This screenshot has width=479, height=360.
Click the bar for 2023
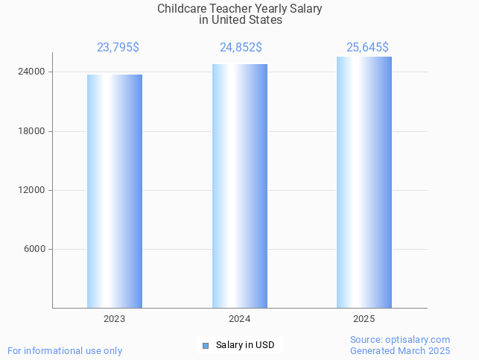click(x=114, y=191)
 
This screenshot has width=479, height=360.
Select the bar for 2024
click(x=239, y=186)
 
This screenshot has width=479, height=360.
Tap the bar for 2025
click(x=364, y=182)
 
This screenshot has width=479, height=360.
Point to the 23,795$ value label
click(x=118, y=48)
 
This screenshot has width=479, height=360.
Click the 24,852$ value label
click(x=241, y=48)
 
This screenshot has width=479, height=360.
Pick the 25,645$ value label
click(x=367, y=48)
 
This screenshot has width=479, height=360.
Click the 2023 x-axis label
click(x=114, y=318)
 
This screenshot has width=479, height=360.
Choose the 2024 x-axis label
click(x=239, y=318)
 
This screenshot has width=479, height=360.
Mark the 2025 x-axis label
click(x=364, y=318)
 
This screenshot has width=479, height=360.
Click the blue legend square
click(x=206, y=345)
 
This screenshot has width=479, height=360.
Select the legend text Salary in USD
click(x=245, y=345)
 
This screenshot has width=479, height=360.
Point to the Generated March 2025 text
click(x=400, y=350)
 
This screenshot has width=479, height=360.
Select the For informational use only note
click(x=65, y=350)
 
